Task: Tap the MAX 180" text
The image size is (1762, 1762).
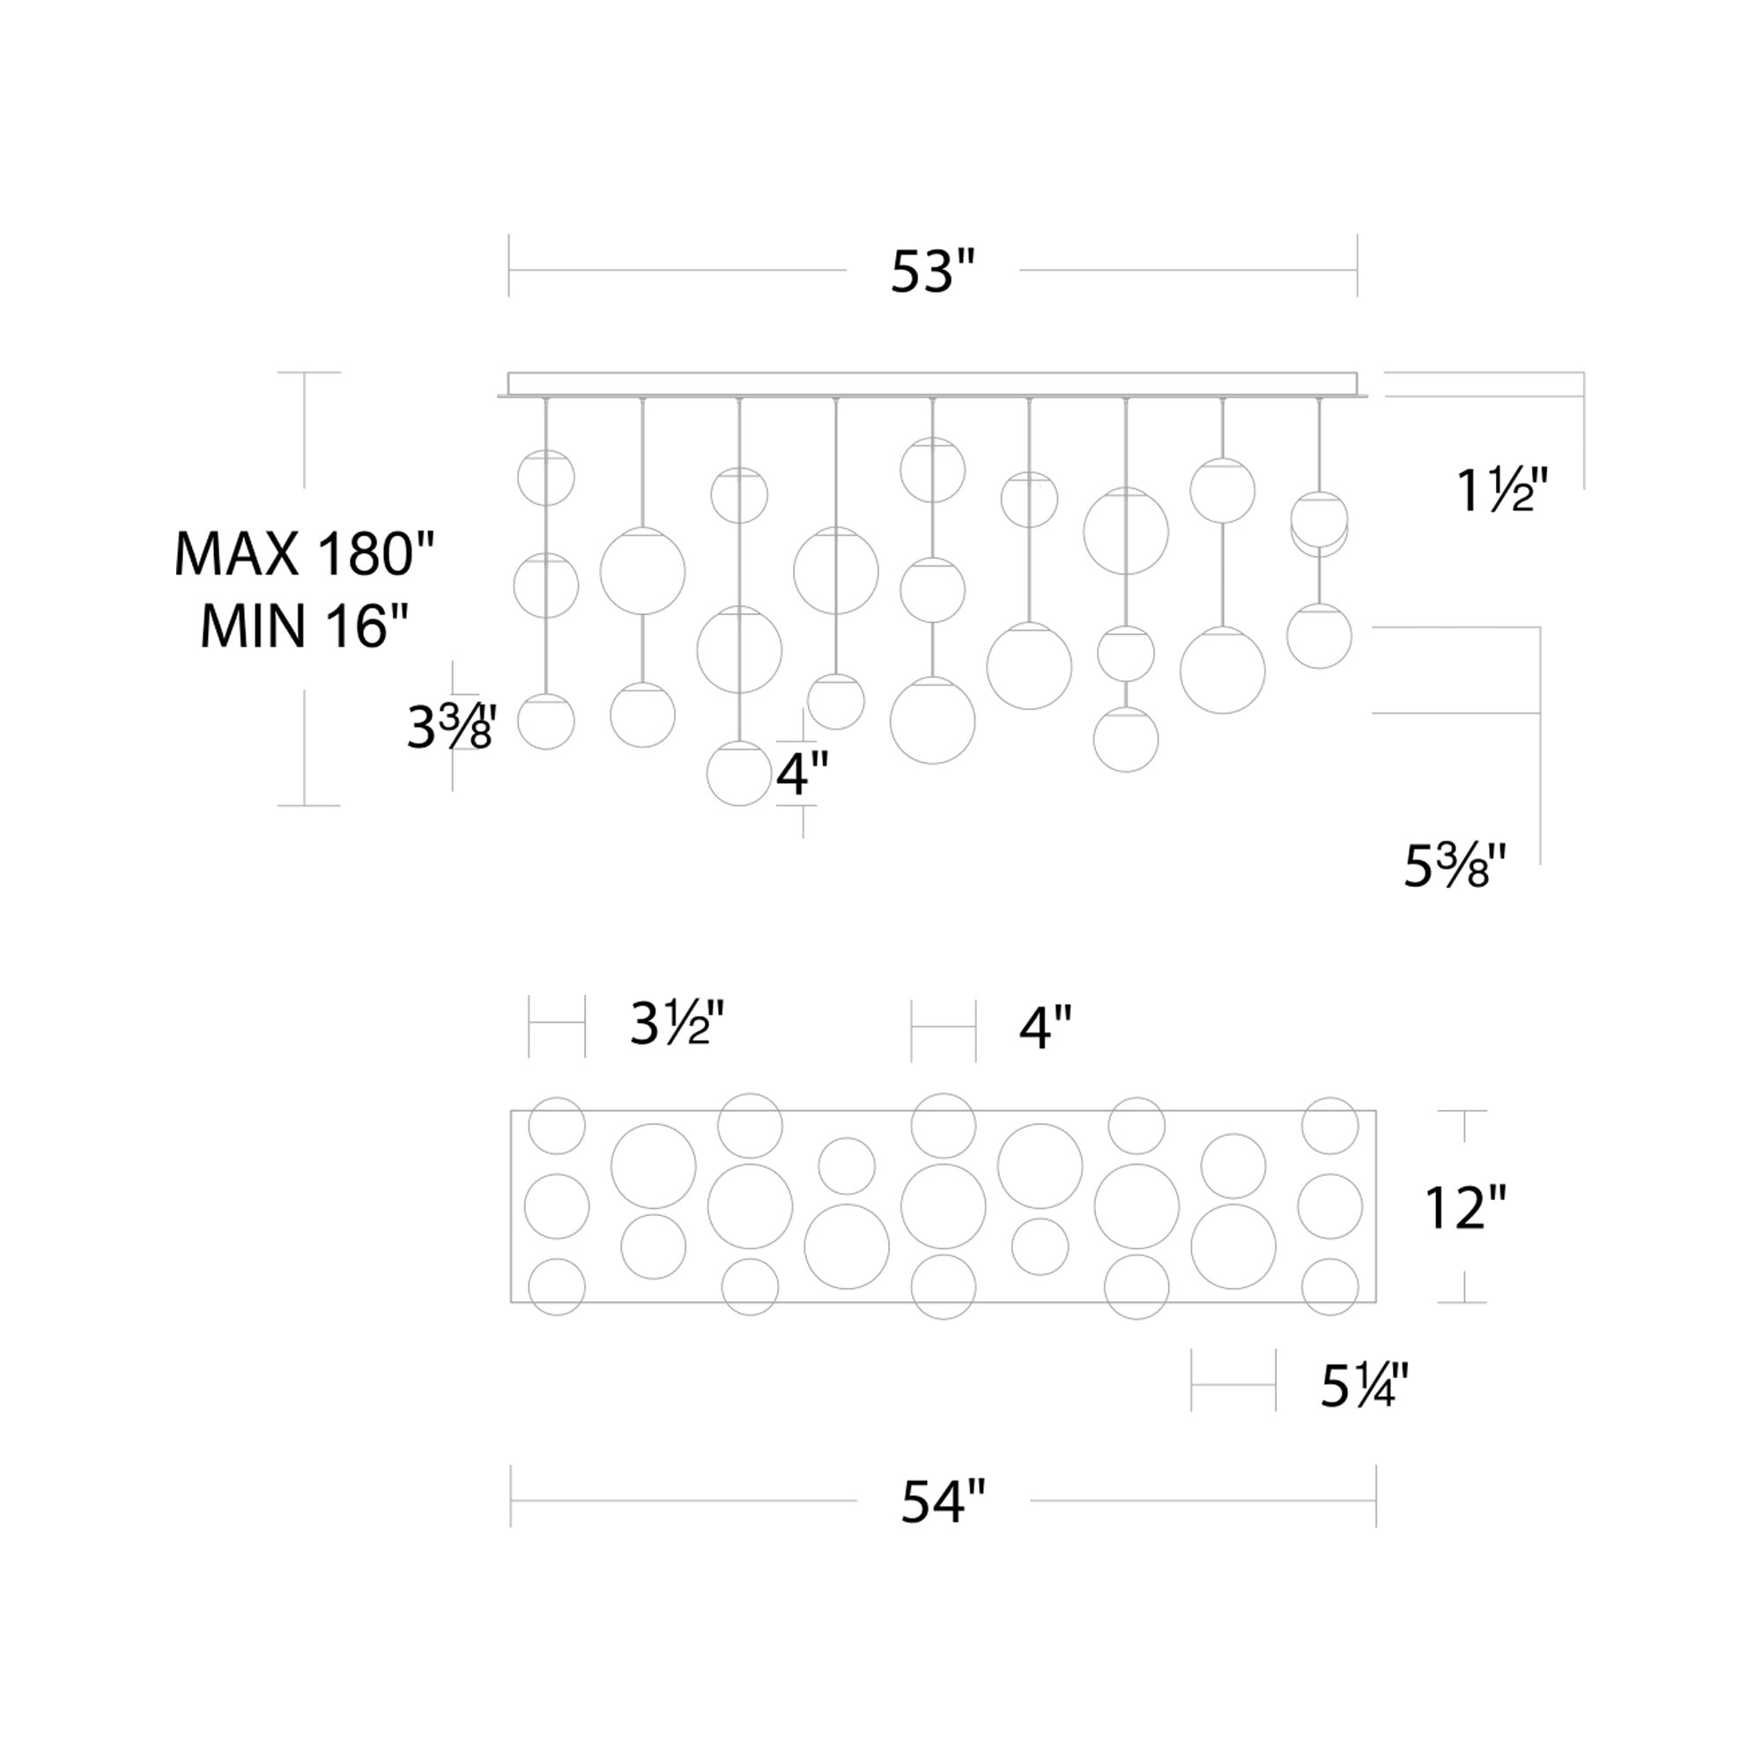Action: pos(305,553)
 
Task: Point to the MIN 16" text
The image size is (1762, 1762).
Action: pos(305,626)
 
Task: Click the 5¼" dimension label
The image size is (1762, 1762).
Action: pos(1365,1385)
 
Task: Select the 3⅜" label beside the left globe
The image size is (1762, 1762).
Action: pos(450,727)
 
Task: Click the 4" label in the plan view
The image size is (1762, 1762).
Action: pos(1045,1029)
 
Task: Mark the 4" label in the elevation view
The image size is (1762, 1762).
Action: pos(803,774)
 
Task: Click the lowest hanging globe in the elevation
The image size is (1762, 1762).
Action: pos(739,774)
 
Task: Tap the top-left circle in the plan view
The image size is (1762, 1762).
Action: pos(556,1125)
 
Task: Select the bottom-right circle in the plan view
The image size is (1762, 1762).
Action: pos(1329,1287)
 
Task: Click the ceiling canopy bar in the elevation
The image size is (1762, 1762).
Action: pos(932,384)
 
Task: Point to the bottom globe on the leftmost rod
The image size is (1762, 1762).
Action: pos(545,722)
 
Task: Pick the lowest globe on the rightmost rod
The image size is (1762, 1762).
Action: pos(1319,636)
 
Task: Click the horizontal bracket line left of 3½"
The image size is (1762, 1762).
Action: pos(556,1025)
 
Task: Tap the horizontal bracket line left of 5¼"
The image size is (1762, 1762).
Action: pos(1233,1384)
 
